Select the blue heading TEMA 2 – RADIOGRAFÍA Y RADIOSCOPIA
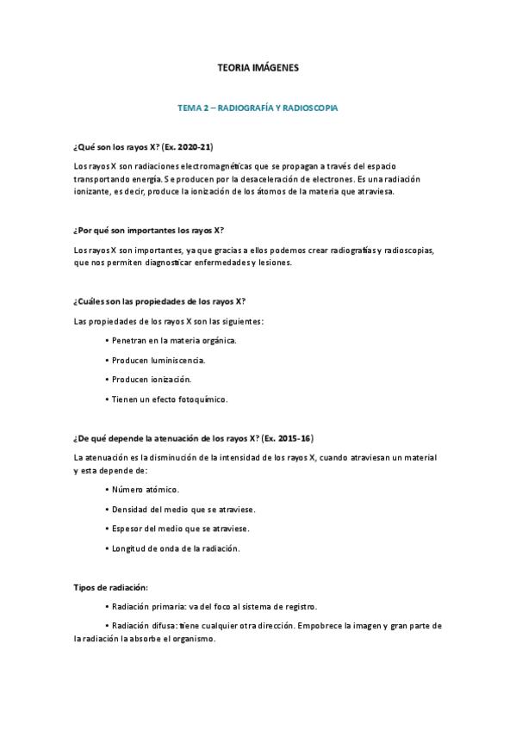258,109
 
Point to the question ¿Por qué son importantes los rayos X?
149,230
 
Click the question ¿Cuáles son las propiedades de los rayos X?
160,301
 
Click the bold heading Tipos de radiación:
111,587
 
